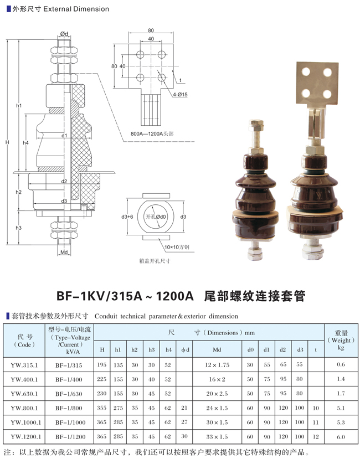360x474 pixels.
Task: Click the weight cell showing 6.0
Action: coord(341,436)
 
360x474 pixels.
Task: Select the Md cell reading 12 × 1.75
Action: coord(217,365)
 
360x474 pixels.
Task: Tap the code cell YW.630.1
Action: coord(24,394)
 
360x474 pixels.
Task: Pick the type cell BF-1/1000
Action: coord(70,423)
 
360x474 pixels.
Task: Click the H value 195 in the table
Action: coord(101,364)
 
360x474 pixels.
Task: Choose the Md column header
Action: coord(217,350)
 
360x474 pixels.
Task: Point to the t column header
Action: coord(316,350)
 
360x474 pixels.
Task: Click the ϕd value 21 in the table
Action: coord(184,408)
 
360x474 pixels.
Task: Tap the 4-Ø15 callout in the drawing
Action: coord(180,95)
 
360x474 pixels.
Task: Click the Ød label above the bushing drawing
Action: coord(64,34)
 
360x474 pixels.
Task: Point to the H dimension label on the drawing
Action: coord(7,142)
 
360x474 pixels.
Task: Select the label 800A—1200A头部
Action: coord(152,133)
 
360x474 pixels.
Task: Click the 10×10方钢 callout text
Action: coord(177,247)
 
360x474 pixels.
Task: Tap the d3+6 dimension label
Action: coord(127,217)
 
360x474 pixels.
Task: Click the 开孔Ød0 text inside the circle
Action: coord(156,217)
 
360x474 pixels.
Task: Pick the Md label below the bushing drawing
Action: coord(64,252)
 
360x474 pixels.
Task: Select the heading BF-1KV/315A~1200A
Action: coord(125,296)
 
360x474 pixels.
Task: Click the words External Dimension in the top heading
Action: coord(76,9)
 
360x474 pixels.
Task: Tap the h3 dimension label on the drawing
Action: coord(18,228)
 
